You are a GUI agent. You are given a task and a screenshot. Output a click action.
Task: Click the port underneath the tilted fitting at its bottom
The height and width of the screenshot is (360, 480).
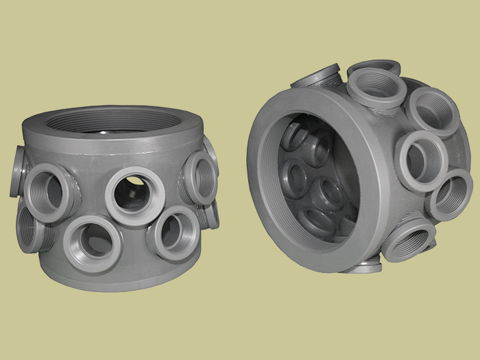(360, 266)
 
